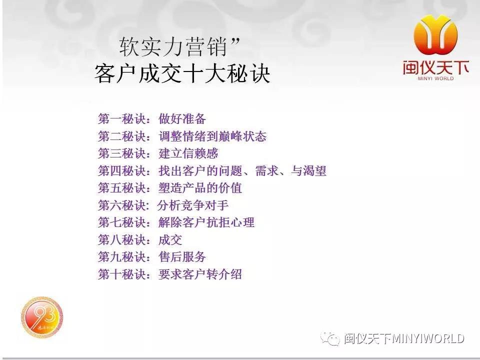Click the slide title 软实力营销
click(x=172, y=47)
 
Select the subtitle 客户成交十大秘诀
click(x=182, y=73)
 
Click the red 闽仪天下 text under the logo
click(x=435, y=67)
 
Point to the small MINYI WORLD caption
click(x=435, y=78)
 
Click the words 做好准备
click(x=182, y=119)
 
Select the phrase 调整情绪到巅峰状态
click(x=212, y=136)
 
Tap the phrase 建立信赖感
click(x=188, y=153)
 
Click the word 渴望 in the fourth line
click(x=314, y=171)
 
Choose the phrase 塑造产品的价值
click(x=200, y=188)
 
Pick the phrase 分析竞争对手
click(x=193, y=205)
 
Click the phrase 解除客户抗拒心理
click(x=206, y=222)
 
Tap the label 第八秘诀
click(x=122, y=239)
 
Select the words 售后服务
click(x=182, y=257)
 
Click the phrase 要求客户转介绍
click(x=200, y=274)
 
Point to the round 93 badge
click(x=42, y=316)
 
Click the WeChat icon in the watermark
click(x=330, y=338)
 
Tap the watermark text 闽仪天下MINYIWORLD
click(x=404, y=338)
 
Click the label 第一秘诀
click(x=122, y=119)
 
